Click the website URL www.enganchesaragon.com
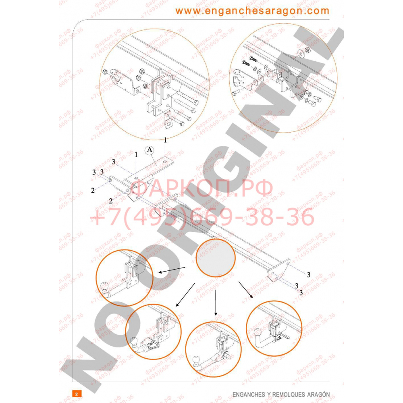pyautogui.click(x=252, y=11)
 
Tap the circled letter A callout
pyautogui.click(x=150, y=150)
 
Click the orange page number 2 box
pyautogui.click(x=76, y=393)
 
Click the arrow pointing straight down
pyautogui.click(x=216, y=302)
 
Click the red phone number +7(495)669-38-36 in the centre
pyautogui.click(x=201, y=218)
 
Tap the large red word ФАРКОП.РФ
pyautogui.click(x=204, y=189)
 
